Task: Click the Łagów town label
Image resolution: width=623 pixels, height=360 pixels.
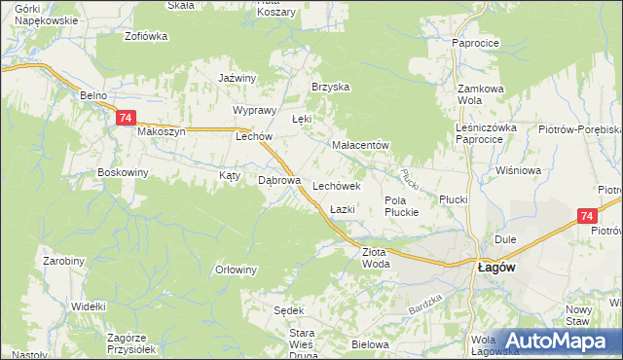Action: coord(495,267)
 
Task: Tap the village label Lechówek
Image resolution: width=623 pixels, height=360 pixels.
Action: coord(337,185)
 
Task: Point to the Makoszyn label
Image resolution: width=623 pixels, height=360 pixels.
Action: coord(162,132)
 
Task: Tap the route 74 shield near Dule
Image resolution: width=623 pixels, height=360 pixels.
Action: coord(585,217)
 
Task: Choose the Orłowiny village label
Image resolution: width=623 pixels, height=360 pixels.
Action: coord(236,270)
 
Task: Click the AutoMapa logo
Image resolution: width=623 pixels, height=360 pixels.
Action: coord(556,341)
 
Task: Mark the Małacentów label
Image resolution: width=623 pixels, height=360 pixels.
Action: coord(361,146)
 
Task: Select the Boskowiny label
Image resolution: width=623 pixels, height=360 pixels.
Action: coord(123,173)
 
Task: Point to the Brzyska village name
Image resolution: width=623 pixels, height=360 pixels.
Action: coord(330,87)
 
